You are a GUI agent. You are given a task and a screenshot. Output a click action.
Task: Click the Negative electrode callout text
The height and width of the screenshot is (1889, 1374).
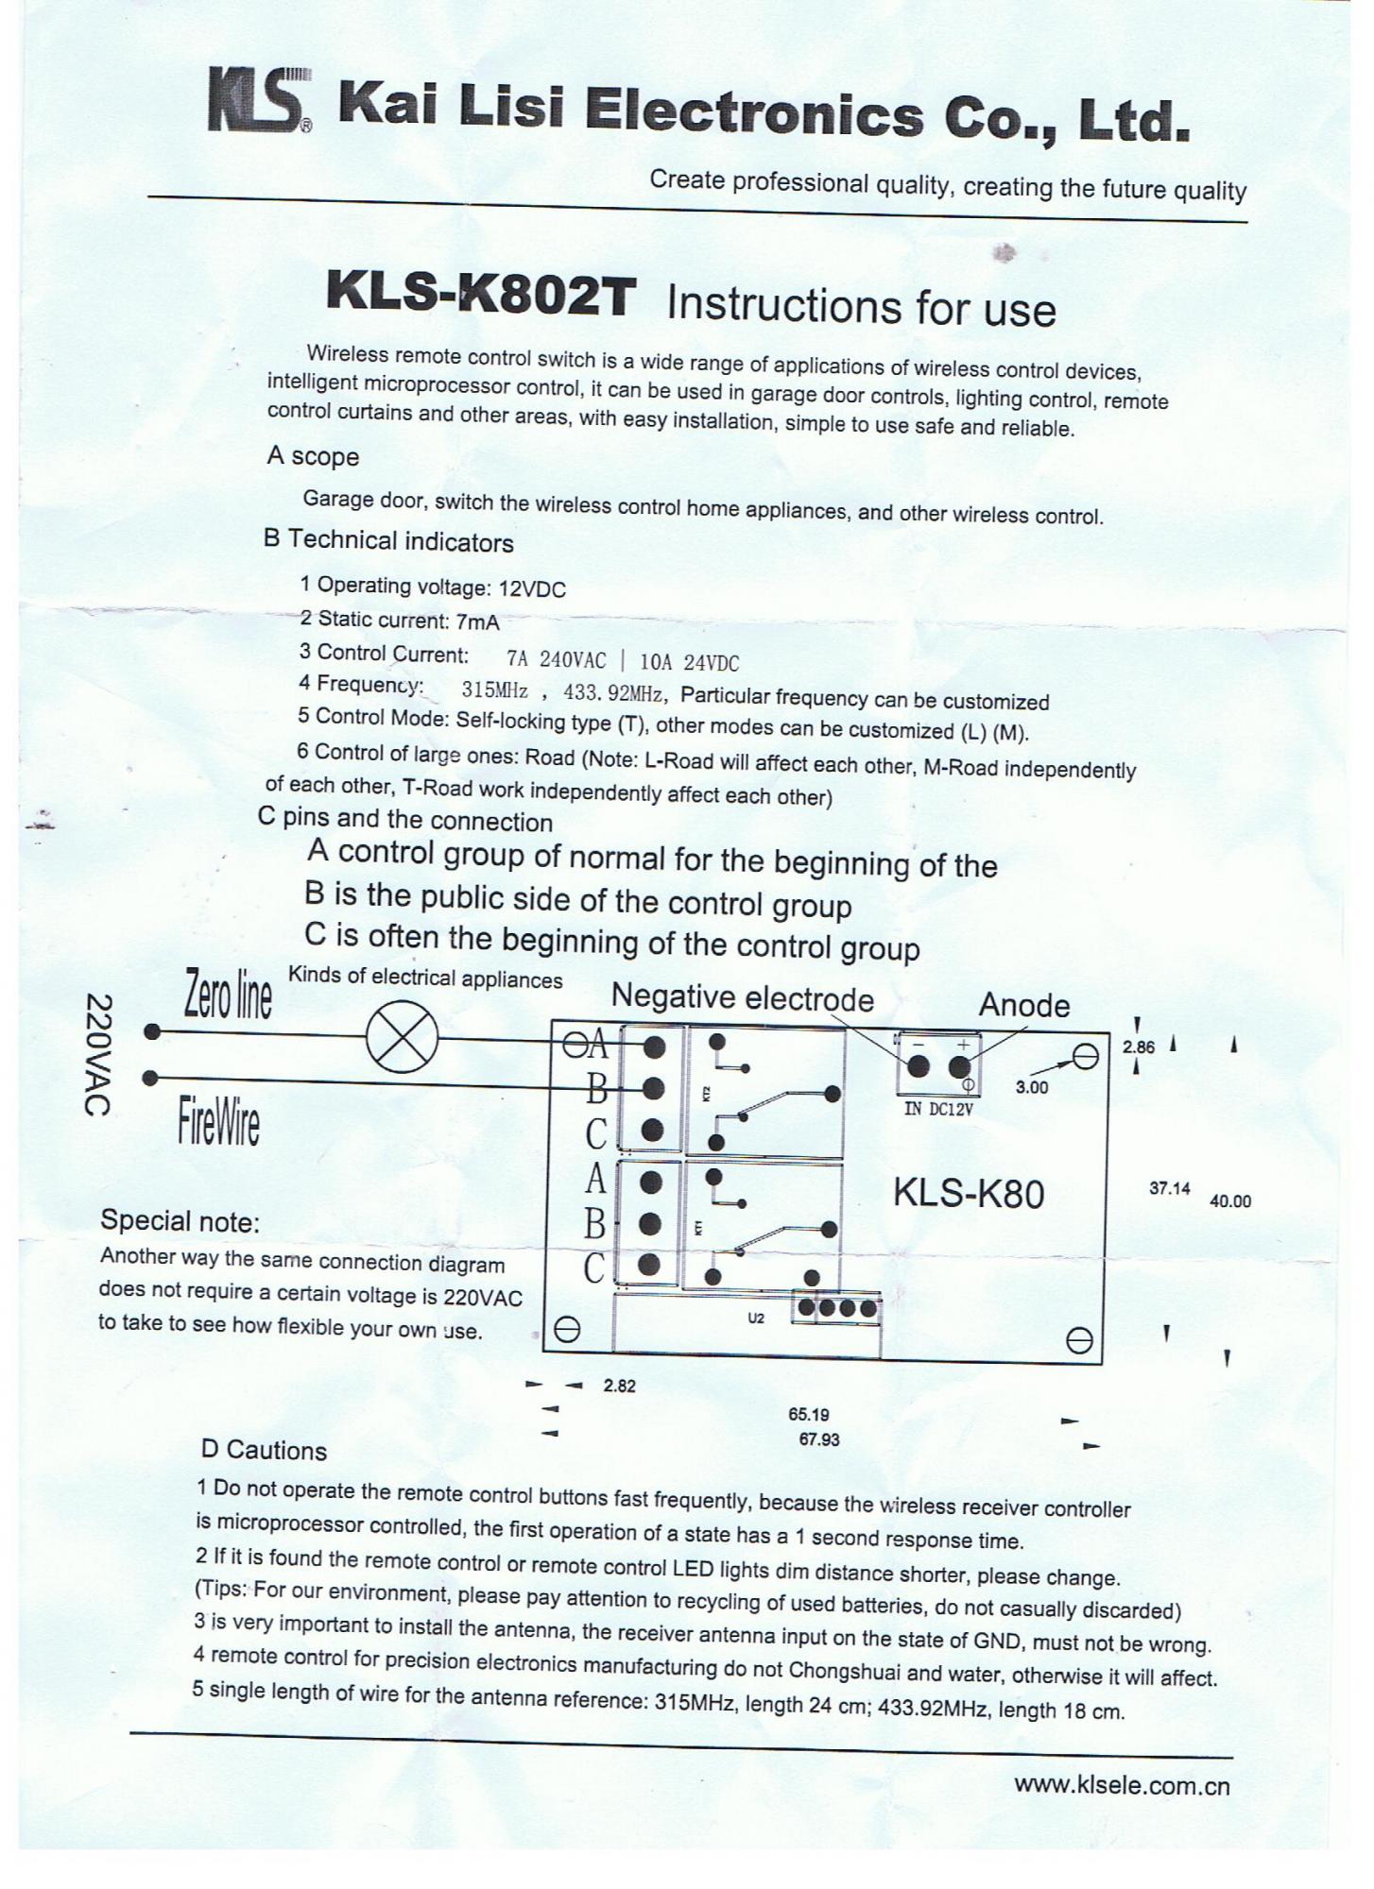(743, 998)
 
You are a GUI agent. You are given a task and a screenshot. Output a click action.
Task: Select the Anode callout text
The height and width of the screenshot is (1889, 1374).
(1023, 1005)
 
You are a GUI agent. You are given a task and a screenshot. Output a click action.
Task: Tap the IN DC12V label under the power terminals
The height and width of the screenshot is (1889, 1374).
(938, 1109)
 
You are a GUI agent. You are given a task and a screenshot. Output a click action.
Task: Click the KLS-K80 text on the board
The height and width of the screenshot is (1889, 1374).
(968, 1194)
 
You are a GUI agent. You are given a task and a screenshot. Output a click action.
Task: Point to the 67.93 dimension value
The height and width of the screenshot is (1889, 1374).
(819, 1439)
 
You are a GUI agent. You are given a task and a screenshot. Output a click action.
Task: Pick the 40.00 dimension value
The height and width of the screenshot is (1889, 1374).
(1230, 1201)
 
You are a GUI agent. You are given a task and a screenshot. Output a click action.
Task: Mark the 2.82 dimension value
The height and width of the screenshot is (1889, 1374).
(619, 1386)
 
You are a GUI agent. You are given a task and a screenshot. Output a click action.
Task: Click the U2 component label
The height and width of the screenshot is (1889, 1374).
(755, 1318)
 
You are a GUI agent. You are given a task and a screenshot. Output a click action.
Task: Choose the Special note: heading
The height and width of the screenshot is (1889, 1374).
(180, 1221)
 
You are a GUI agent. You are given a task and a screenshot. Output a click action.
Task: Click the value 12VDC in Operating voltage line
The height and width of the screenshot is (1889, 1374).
(532, 589)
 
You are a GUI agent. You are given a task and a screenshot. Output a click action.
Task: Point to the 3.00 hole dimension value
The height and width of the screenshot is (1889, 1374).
(1032, 1087)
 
